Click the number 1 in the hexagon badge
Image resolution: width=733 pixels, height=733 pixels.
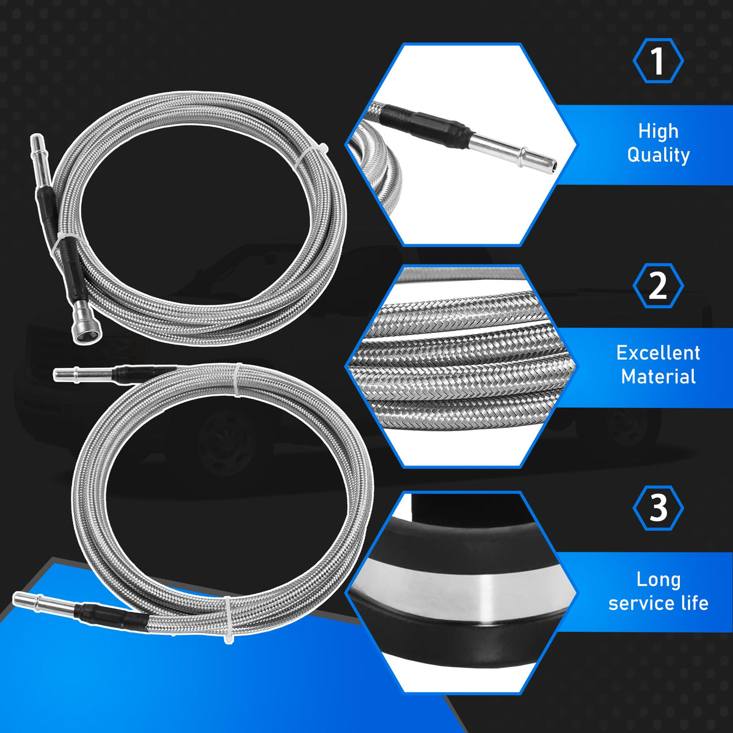[x=658, y=61]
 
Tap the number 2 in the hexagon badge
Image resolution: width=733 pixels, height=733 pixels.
[x=658, y=286]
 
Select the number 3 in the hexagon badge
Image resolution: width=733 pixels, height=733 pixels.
[x=658, y=508]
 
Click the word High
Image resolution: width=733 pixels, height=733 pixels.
[x=658, y=131]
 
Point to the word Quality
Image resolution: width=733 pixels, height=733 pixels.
[x=658, y=155]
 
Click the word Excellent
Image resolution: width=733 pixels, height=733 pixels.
[x=658, y=352]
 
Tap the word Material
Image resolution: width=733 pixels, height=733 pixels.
[x=658, y=376]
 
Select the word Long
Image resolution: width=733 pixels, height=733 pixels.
[x=658, y=580]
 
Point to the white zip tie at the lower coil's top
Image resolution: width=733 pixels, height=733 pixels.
[x=238, y=381]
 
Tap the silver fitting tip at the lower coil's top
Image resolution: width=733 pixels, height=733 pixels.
[x=84, y=374]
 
